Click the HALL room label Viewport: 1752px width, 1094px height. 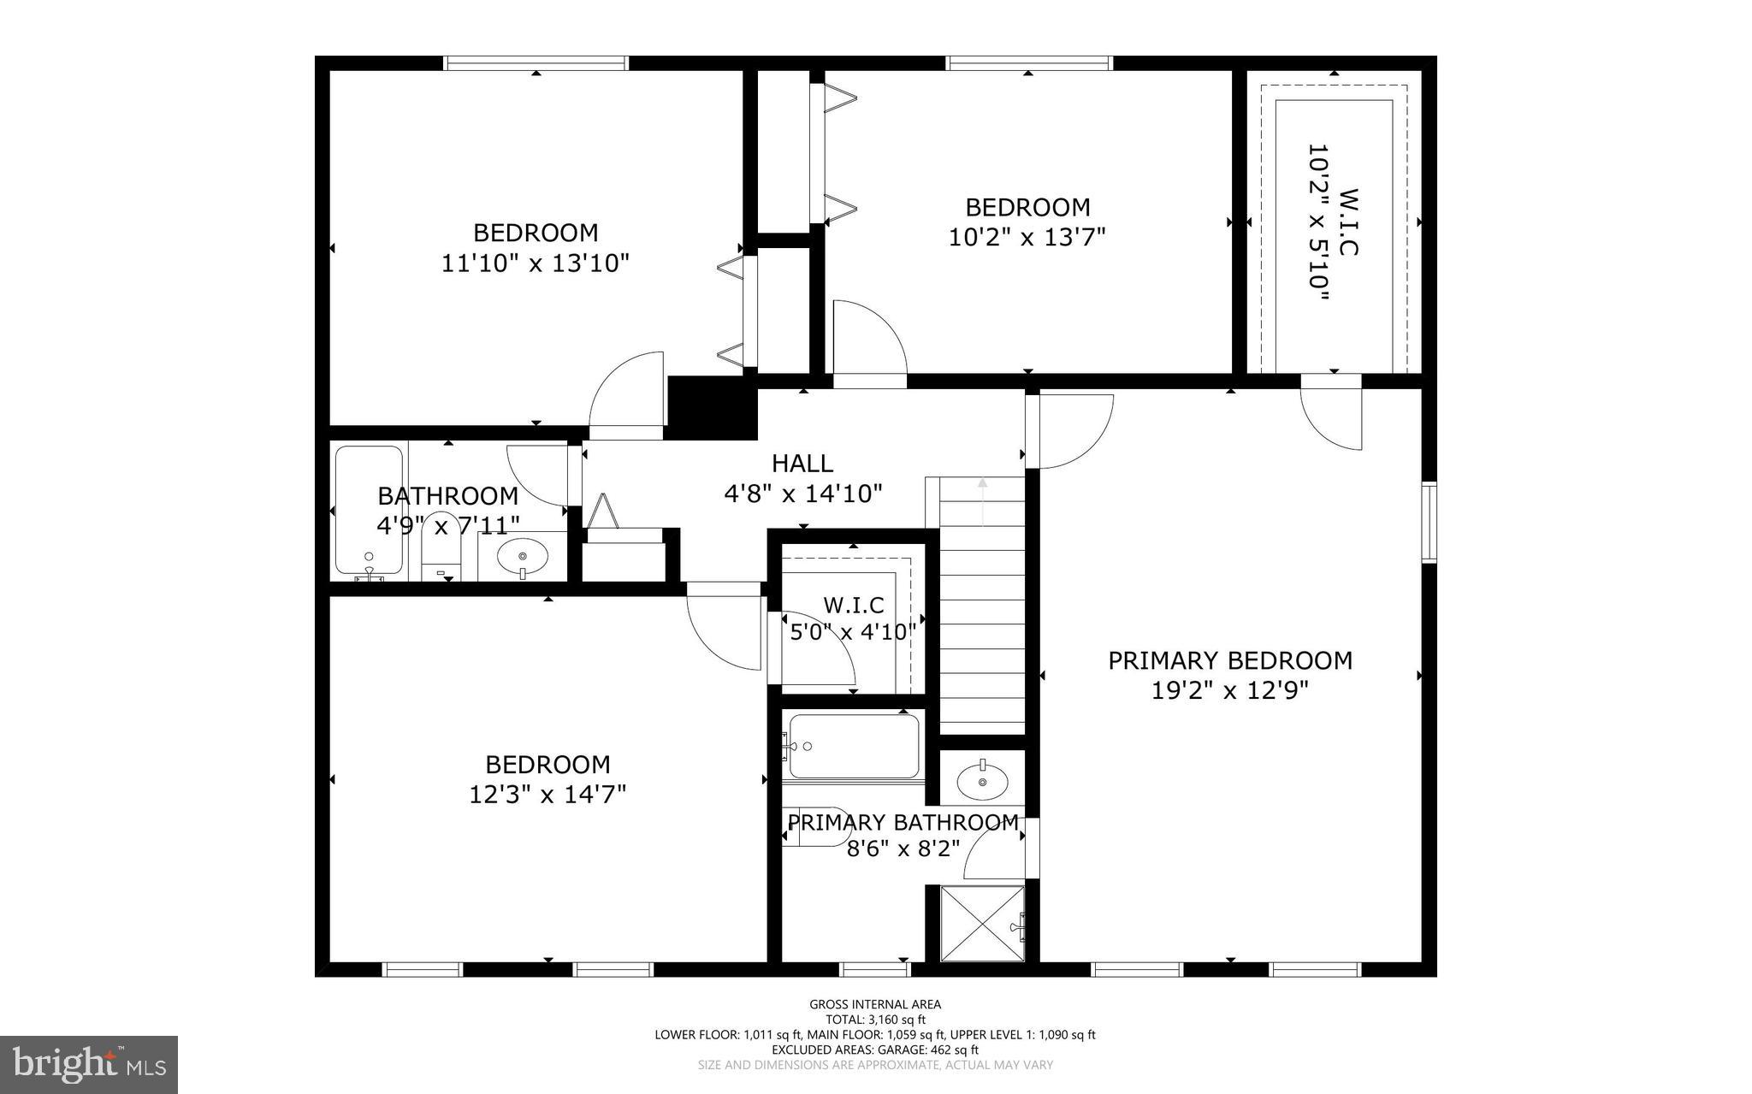[802, 464]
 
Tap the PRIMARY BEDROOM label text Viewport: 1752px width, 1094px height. [1230, 660]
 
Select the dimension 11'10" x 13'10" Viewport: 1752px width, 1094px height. [536, 263]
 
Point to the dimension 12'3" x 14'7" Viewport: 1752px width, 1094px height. [547, 795]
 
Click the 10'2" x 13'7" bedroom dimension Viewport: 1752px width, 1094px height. [1027, 237]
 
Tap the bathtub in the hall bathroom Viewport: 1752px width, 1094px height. [369, 509]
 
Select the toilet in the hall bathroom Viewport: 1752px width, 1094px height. [441, 556]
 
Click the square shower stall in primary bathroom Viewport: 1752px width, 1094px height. [982, 925]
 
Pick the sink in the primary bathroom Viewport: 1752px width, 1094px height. [982, 779]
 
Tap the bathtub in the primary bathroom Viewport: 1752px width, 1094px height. [854, 746]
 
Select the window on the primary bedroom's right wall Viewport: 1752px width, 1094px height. [1429, 522]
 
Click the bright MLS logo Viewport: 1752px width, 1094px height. [89, 1064]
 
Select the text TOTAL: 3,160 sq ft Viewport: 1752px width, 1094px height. [875, 1020]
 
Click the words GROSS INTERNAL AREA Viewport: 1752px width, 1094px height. [875, 1004]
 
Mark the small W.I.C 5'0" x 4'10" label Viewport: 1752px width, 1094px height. [853, 618]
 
